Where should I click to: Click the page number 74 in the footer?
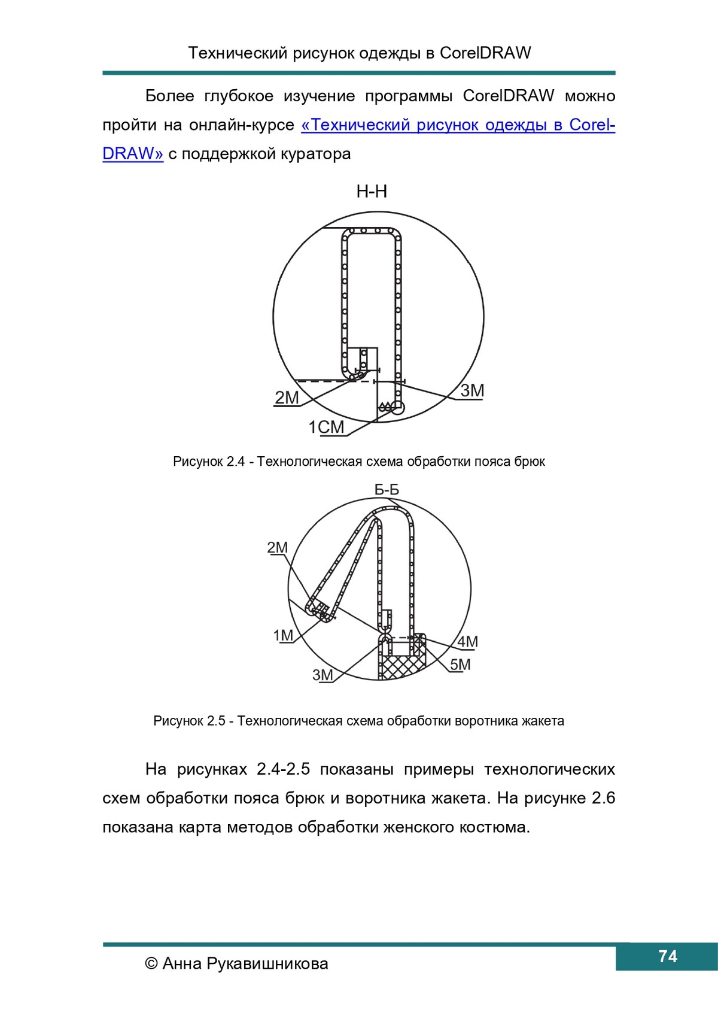point(667,956)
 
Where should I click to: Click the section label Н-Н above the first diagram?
point(372,192)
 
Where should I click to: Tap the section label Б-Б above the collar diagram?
point(387,490)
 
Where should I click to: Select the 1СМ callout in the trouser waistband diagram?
point(326,427)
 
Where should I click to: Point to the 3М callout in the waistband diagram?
point(472,391)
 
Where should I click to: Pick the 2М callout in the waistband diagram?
point(287,398)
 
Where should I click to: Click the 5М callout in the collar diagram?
point(460,665)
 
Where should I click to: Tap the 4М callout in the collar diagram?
point(467,642)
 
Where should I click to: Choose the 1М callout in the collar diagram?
point(283,635)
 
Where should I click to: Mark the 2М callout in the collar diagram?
point(277,547)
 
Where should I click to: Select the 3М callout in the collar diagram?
point(323,675)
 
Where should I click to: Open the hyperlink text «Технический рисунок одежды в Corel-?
point(458,125)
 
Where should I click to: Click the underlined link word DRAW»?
point(133,154)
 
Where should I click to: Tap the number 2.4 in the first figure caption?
point(236,462)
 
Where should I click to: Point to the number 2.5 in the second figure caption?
point(217,721)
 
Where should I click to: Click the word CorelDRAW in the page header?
point(485,53)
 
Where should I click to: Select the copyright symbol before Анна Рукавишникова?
point(151,963)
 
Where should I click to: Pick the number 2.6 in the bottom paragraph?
point(603,798)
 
